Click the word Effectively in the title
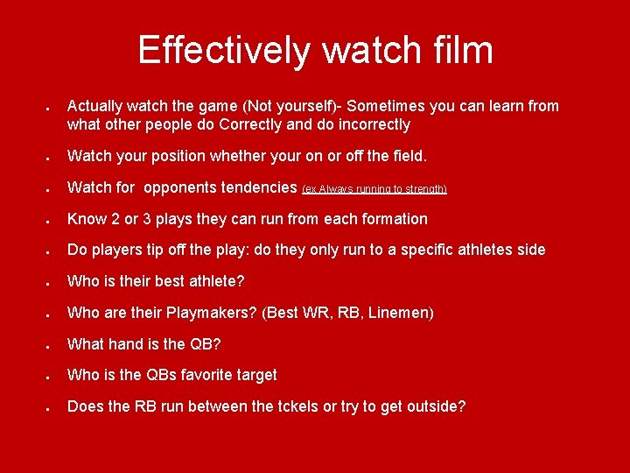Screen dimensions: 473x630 223,50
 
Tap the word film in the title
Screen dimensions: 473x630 458,50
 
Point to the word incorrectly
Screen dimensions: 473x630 368,125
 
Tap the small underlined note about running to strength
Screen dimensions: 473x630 374,189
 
